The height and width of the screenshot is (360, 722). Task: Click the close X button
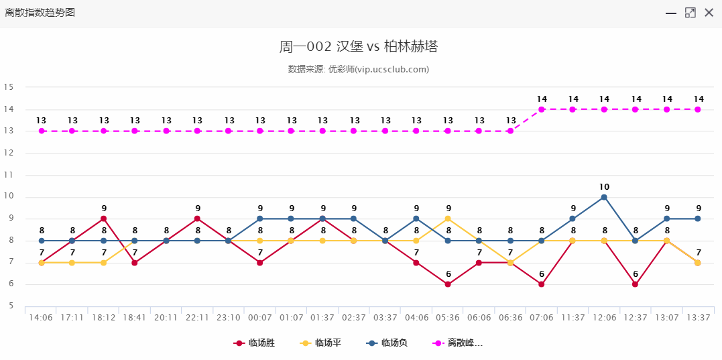coord(709,13)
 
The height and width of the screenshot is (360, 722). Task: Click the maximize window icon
coord(690,13)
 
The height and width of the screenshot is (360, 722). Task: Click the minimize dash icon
coord(671,13)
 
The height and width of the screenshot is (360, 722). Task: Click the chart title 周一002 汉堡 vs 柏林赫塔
coord(359,46)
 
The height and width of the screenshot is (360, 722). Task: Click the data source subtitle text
coord(359,69)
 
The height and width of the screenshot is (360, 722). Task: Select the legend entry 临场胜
coord(255,343)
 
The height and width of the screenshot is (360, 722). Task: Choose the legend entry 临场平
coord(321,343)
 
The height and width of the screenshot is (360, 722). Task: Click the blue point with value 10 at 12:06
coord(604,197)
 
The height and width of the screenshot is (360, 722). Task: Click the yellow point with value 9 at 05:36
coord(448,219)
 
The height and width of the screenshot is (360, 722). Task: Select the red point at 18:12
coord(104,219)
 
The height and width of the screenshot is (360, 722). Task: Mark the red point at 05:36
coord(448,284)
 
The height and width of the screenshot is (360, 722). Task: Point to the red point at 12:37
coord(636,284)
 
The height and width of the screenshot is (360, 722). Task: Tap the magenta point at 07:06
coord(542,109)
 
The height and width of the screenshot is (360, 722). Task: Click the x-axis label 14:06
coord(41,318)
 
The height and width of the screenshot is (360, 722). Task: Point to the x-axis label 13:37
coord(698,318)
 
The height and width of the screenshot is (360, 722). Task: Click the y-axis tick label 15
coord(9,87)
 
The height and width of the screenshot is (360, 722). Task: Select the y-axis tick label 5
coord(11,306)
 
